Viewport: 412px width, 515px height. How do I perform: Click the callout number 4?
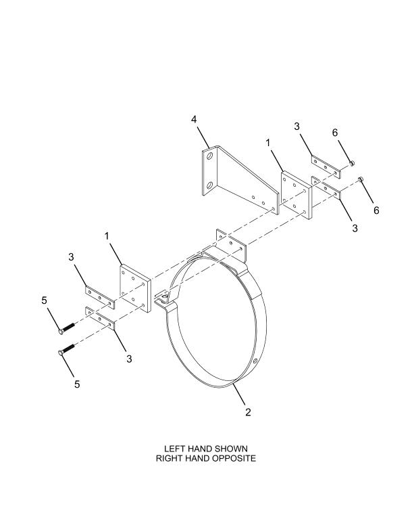[x=194, y=119]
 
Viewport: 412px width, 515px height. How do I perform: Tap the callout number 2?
[x=248, y=412]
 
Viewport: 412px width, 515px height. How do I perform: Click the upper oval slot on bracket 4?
[x=210, y=156]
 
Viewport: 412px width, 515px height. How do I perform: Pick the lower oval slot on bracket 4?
[x=210, y=185]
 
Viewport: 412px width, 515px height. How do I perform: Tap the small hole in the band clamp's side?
[x=255, y=361]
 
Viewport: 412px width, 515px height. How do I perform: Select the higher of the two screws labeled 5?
[x=67, y=328]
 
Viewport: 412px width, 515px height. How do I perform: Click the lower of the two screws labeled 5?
[x=67, y=349]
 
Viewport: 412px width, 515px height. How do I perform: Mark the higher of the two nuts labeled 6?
[x=352, y=162]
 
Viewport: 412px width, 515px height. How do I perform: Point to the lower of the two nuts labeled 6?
[x=361, y=179]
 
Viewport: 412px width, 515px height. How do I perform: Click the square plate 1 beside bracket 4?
[x=297, y=195]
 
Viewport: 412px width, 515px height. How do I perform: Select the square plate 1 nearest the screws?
[x=135, y=288]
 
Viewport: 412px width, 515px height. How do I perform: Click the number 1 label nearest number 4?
[x=268, y=143]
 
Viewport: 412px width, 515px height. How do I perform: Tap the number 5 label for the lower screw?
[x=77, y=384]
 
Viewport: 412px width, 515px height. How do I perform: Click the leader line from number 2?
[x=239, y=394]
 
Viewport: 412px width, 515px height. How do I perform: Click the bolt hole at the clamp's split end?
[x=165, y=298]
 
